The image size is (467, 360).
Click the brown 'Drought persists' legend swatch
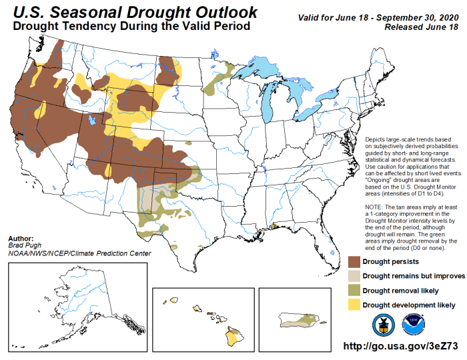pyautogui.click(x=357, y=261)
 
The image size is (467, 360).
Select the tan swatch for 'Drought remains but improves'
pyautogui.click(x=357, y=275)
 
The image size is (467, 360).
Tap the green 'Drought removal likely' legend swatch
pyautogui.click(x=357, y=289)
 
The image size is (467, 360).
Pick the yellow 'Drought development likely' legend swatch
pyautogui.click(x=357, y=304)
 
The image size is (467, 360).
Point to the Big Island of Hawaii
pyautogui.click(x=233, y=337)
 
